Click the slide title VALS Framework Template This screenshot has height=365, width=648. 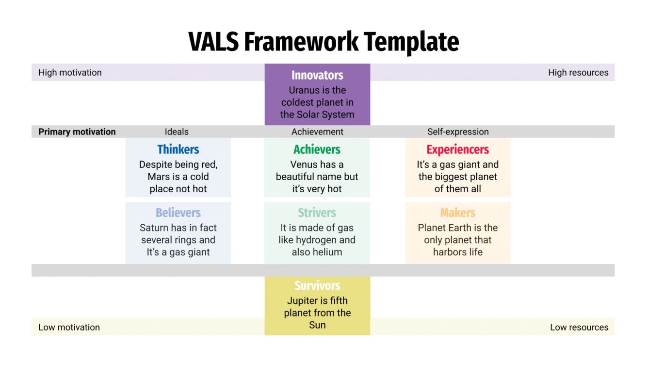[324, 42]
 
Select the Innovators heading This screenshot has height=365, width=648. [317, 75]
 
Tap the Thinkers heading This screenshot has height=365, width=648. [178, 149]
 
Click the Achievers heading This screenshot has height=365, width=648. [317, 149]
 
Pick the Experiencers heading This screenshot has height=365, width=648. [457, 149]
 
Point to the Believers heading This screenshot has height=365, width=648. [178, 213]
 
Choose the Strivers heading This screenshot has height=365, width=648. [317, 213]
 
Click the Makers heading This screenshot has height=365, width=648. [457, 213]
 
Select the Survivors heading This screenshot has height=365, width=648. [317, 285]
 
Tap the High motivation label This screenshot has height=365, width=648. [70, 73]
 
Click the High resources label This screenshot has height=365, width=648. [578, 73]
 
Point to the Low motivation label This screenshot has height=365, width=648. [69, 327]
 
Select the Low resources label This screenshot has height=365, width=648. [579, 327]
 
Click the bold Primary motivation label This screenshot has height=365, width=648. [77, 132]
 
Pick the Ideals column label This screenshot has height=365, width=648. [177, 132]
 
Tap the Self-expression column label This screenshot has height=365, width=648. [458, 132]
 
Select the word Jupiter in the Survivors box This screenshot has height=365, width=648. [304, 300]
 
